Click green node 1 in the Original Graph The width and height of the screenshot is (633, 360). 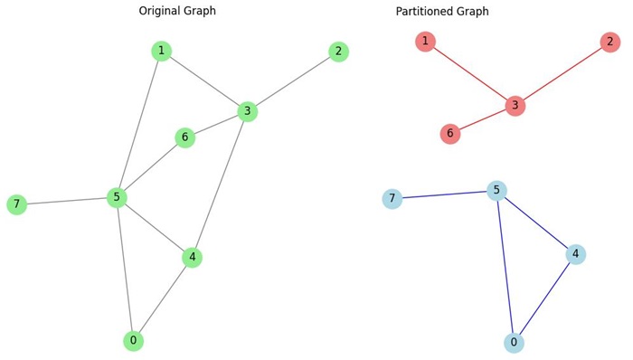[161, 52]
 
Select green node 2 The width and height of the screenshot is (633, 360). [338, 52]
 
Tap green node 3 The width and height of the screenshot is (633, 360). [248, 111]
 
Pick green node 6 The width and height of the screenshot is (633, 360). [184, 137]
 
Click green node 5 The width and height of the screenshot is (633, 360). [117, 197]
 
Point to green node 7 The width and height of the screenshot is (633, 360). [16, 204]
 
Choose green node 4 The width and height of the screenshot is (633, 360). [192, 258]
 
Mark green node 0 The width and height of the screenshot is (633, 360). [133, 341]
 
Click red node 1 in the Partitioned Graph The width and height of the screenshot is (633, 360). [425, 42]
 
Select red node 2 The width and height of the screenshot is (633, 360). [609, 43]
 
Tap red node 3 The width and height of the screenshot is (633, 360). [515, 106]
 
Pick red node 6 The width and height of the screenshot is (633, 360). [450, 134]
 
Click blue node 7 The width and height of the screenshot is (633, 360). [392, 199]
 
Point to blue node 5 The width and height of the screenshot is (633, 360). [496, 191]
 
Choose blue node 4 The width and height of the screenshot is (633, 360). [575, 254]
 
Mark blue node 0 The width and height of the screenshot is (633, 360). [514, 343]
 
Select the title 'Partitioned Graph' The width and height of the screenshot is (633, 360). [442, 12]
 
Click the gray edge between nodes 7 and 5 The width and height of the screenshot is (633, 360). [66, 201]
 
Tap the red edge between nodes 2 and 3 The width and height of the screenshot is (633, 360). [562, 74]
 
